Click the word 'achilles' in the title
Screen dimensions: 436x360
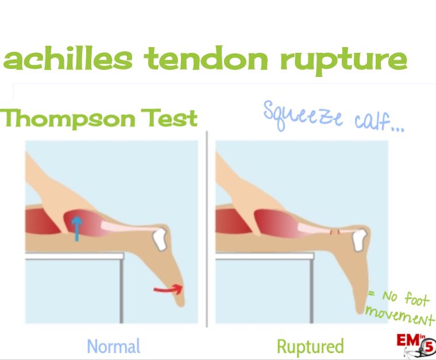pyautogui.click(x=68, y=59)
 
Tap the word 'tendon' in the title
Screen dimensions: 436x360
pyautogui.click(x=206, y=59)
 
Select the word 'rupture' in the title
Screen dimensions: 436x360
pyautogui.click(x=344, y=61)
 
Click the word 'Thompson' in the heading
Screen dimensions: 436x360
pyautogui.click(x=67, y=119)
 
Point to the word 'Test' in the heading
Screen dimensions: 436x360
pyautogui.click(x=169, y=118)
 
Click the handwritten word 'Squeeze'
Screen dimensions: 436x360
pyautogui.click(x=303, y=115)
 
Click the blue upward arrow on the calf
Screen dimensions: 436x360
pyautogui.click(x=77, y=229)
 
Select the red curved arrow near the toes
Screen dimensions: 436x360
pyautogui.click(x=168, y=289)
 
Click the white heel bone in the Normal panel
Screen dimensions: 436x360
pyautogui.click(x=160, y=238)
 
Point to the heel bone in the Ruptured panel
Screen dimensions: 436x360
pyautogui.click(x=360, y=239)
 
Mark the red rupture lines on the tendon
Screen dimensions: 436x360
pyautogui.click(x=334, y=231)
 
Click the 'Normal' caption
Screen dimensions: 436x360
pyautogui.click(x=113, y=346)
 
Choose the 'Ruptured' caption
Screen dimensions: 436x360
pyautogui.click(x=310, y=346)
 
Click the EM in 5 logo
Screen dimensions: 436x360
pyautogui.click(x=416, y=345)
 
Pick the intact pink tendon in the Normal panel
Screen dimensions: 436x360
pyautogui.click(x=128, y=227)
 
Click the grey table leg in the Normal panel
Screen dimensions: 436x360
pyautogui.click(x=121, y=291)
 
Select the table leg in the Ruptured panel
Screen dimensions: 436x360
pyautogui.click(x=312, y=291)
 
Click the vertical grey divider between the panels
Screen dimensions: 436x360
pyautogui.click(x=207, y=229)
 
